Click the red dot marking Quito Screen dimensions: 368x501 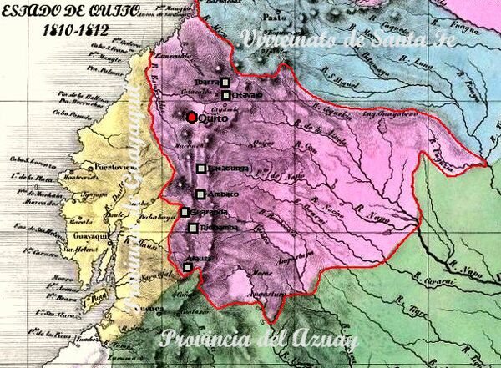pyautogui.click(x=192, y=117)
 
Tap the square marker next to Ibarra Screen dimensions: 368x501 pyautogui.click(x=225, y=82)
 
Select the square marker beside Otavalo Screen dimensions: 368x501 pyautogui.click(x=225, y=95)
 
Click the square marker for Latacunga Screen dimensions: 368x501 pyautogui.click(x=200, y=169)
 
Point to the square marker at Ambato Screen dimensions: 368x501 pyautogui.click(x=200, y=194)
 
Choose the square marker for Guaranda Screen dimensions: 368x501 pyautogui.click(x=185, y=212)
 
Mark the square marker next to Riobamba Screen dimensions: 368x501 pyautogui.click(x=194, y=228)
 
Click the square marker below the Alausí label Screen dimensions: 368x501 pyautogui.click(x=187, y=267)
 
